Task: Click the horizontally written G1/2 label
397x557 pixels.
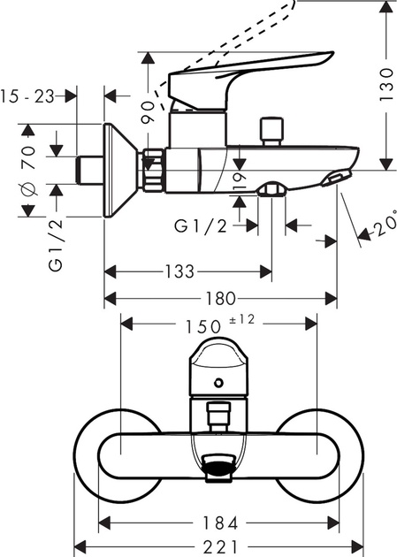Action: (x=201, y=225)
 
